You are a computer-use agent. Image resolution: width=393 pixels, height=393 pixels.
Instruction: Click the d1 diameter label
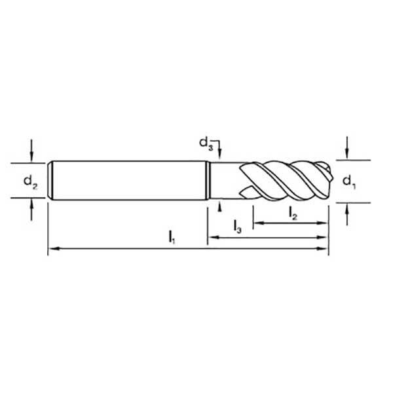350,180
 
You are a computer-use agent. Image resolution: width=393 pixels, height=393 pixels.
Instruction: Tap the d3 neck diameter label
206,141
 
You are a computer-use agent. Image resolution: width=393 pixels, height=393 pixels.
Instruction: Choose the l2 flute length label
293,212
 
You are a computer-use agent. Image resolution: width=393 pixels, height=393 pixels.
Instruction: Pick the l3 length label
238,227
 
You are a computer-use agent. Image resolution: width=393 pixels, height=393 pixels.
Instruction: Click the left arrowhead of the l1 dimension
52,249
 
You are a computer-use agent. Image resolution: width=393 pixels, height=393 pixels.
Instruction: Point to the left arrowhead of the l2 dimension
257,223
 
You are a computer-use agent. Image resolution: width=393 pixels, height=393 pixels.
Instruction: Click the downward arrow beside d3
221,155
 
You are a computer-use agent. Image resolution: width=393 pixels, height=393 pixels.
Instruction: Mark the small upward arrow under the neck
221,205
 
